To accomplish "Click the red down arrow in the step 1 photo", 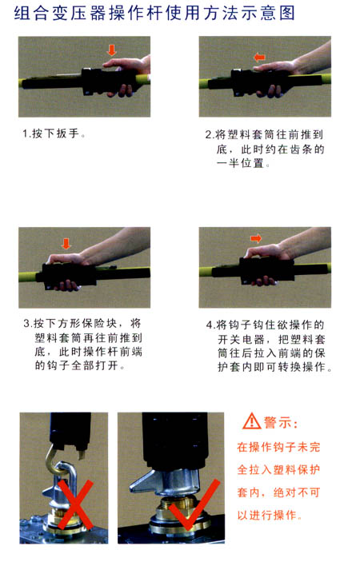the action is [x=112, y=50].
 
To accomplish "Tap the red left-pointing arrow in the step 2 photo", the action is [x=259, y=57].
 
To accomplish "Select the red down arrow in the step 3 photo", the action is [x=66, y=244].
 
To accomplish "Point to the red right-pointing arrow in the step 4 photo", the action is [x=256, y=238].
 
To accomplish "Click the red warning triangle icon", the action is [x=251, y=421].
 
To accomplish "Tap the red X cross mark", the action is [x=75, y=503].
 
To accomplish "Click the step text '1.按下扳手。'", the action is [x=54, y=134].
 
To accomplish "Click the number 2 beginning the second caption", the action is [x=208, y=135].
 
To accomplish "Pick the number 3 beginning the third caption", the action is [x=27, y=324].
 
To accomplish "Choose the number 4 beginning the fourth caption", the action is [x=210, y=325].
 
